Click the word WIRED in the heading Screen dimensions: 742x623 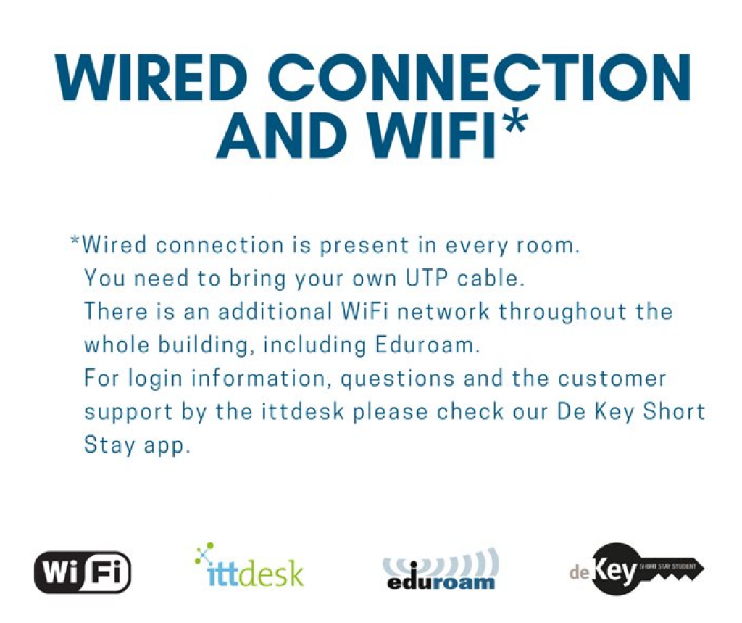151,78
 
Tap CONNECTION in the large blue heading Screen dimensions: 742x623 482,78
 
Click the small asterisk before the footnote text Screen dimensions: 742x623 75,240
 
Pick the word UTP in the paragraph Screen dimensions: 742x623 426,278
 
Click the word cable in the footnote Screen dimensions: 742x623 491,278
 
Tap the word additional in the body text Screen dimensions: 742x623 275,311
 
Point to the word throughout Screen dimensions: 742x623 562,313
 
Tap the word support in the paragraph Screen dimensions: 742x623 128,413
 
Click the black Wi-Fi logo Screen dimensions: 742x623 83,572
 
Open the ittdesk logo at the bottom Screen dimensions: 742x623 249,565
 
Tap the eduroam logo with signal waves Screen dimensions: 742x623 441,570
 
